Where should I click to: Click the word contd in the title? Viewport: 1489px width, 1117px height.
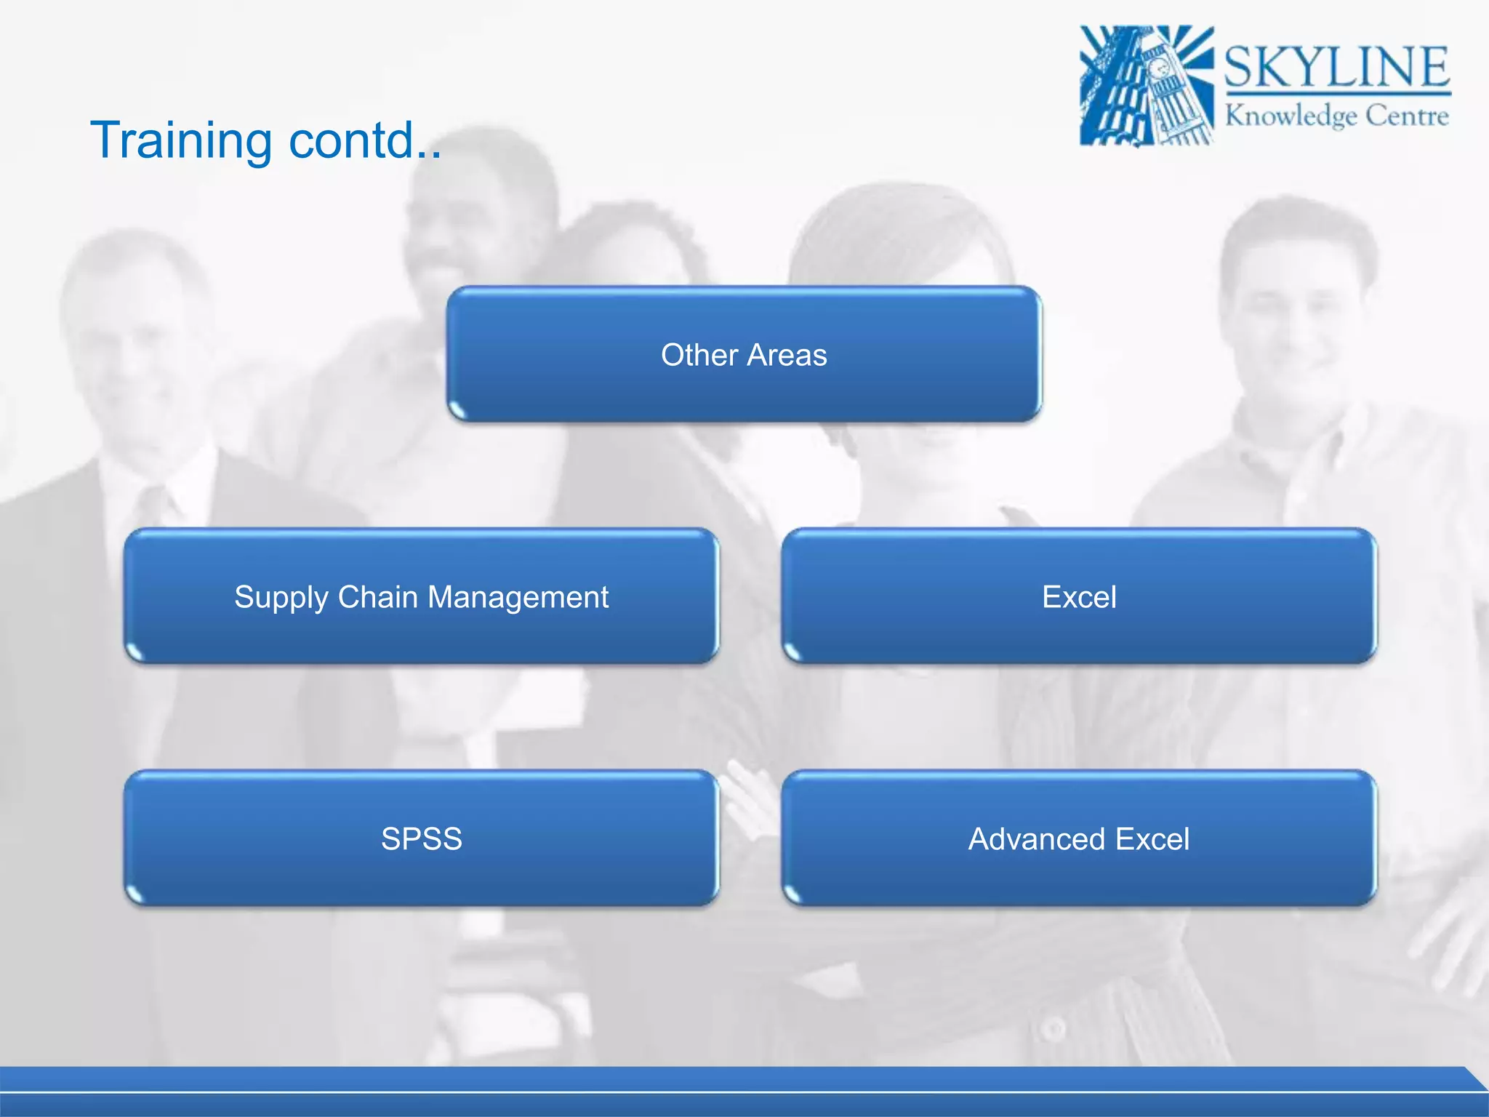tap(353, 140)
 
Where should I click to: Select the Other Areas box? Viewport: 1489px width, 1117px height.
tap(744, 354)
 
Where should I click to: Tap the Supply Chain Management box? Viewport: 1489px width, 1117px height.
tap(421, 596)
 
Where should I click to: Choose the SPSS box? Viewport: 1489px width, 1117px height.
tap(421, 838)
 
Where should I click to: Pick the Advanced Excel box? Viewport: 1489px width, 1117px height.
tap(1079, 838)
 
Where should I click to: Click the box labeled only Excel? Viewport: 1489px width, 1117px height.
tap(1079, 596)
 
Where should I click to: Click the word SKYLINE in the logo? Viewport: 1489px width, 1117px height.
tap(1336, 67)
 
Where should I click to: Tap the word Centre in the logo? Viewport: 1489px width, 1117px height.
tap(1407, 116)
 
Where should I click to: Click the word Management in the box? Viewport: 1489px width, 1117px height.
tap(518, 598)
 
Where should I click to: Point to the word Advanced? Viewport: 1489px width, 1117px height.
tap(1038, 839)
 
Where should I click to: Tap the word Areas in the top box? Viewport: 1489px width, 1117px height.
tap(787, 355)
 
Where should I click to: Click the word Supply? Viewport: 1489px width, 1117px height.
tap(281, 598)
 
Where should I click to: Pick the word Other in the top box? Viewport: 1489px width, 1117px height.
tap(699, 355)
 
